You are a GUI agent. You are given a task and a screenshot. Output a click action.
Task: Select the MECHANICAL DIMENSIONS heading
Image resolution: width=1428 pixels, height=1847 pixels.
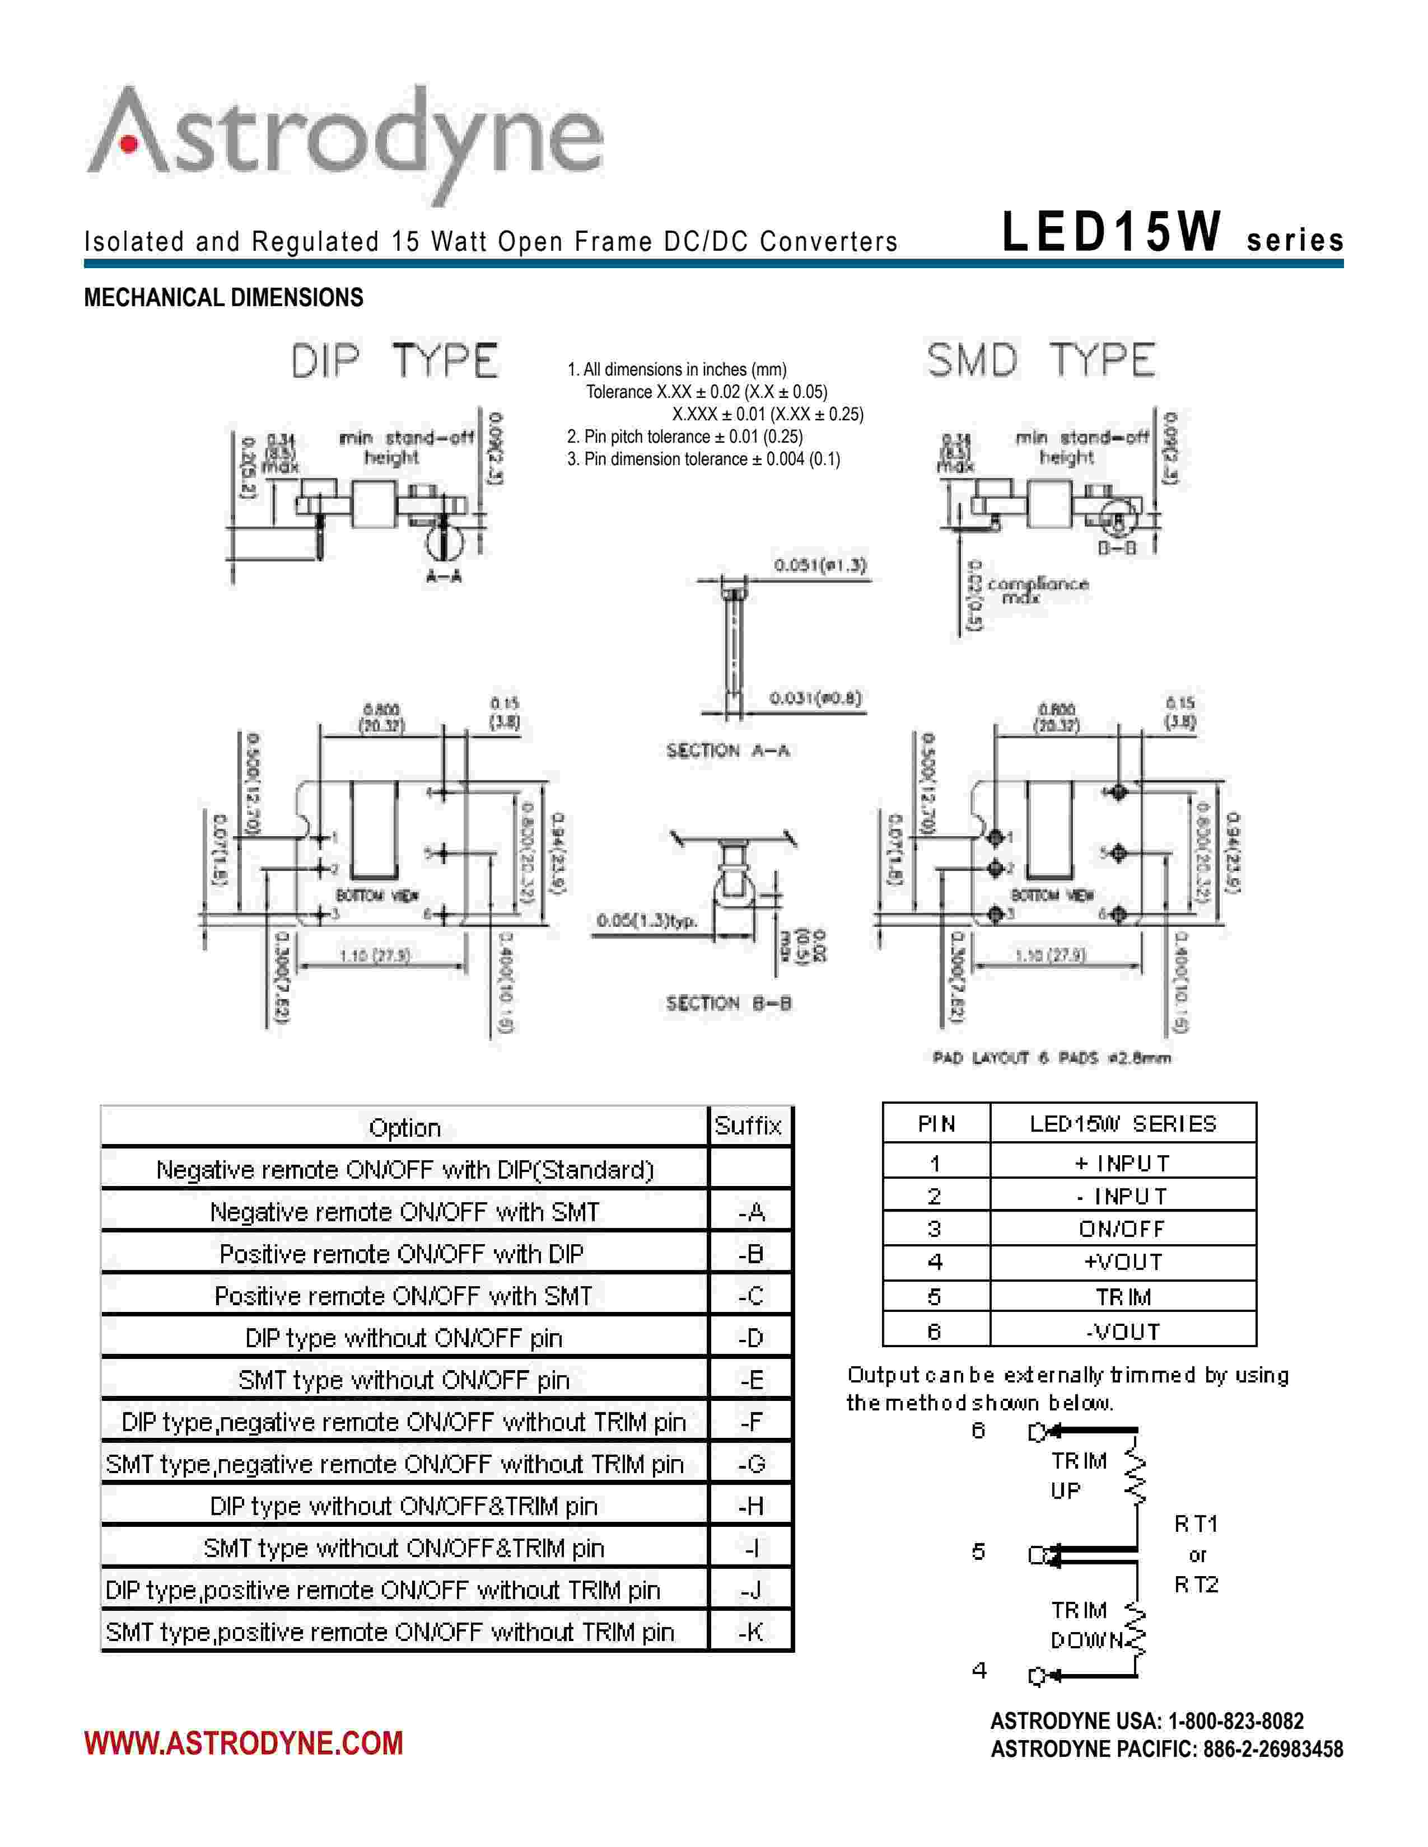coord(223,298)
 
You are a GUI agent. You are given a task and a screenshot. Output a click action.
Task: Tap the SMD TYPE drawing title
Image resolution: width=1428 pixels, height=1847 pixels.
coord(1040,361)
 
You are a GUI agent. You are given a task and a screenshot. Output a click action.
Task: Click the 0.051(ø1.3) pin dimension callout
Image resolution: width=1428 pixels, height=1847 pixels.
coord(820,565)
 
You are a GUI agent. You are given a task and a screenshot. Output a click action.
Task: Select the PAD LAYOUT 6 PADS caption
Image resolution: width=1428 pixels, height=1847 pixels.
coord(1052,1058)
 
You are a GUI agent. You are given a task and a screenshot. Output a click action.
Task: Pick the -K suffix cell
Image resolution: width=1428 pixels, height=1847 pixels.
coord(750,1632)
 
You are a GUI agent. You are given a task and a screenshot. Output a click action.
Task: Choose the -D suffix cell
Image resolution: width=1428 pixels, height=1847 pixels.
coord(750,1338)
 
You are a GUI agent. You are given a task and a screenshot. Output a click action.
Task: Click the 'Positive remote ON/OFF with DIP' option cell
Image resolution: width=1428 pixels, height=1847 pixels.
coord(403,1254)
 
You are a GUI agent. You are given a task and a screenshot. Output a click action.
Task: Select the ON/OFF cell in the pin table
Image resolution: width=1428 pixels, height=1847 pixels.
coord(1122,1229)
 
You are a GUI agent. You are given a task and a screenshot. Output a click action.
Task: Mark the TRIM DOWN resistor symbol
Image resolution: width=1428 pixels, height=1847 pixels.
coord(1136,1629)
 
